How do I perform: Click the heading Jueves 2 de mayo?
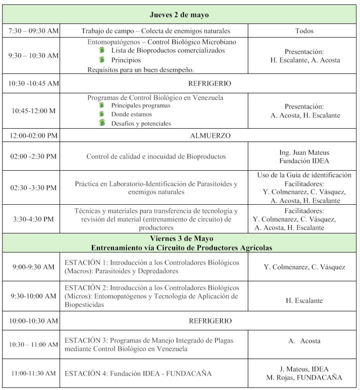[x=179, y=15]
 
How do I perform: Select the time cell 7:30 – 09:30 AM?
[x=33, y=31]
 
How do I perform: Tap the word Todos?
[x=304, y=31]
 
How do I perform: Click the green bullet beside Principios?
[x=102, y=60]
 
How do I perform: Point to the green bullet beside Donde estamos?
[x=102, y=114]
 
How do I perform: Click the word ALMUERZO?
[x=210, y=135]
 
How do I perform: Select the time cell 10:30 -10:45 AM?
[x=33, y=83]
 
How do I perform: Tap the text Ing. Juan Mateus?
[x=304, y=152]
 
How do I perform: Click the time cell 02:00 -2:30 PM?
[x=33, y=157]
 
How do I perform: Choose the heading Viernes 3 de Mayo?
[x=179, y=239]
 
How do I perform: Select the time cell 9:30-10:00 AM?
[x=33, y=296]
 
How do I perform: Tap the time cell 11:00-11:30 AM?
[x=33, y=373]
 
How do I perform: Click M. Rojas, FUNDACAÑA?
[x=304, y=378]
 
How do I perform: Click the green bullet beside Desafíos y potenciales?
[x=102, y=123]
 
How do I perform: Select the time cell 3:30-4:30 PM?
[x=33, y=219]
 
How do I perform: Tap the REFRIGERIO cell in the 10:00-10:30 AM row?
[x=210, y=320]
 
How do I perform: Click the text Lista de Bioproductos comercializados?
[x=168, y=51]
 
